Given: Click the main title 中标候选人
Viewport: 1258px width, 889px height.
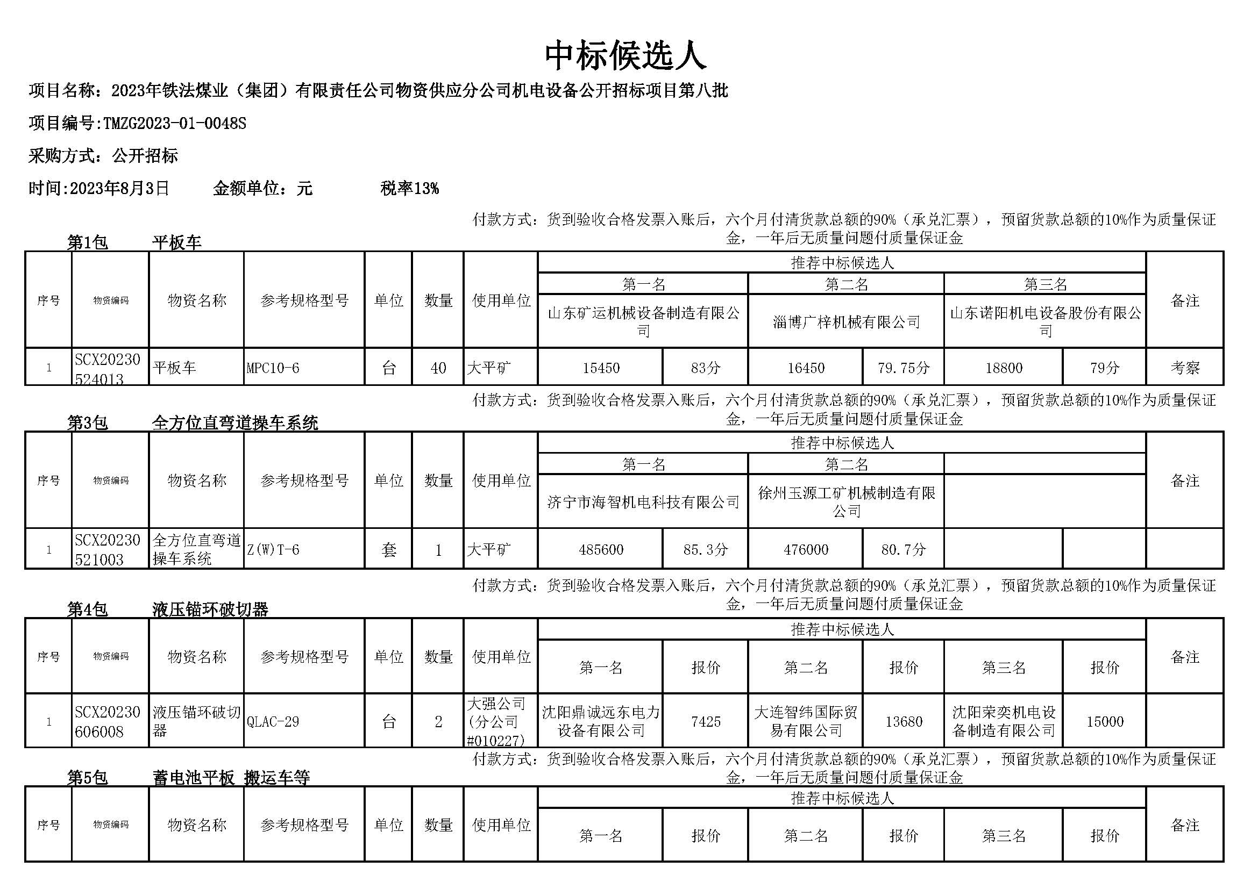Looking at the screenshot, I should tap(625, 55).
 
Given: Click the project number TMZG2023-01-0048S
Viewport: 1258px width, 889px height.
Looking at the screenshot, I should tap(174, 124).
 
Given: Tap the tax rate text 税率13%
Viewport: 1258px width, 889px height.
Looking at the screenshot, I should tap(409, 189).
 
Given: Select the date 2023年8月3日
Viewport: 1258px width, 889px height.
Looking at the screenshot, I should tap(119, 189).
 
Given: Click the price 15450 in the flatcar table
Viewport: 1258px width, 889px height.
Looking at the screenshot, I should tap(601, 368).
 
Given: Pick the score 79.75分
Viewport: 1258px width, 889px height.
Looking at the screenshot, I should tap(903, 368).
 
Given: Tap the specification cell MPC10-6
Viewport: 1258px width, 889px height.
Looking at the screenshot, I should tap(273, 368).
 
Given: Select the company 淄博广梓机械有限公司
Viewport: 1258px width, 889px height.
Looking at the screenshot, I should tap(846, 322).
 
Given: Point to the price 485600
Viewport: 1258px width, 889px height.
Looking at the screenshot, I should tap(601, 550).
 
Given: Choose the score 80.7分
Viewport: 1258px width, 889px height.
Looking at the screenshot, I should tap(903, 550).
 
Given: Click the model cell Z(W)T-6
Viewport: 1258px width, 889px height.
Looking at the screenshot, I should tap(273, 550).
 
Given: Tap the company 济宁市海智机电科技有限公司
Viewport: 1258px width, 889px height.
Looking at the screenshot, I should tap(643, 502).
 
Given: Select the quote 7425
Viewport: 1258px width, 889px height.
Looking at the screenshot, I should tap(706, 721).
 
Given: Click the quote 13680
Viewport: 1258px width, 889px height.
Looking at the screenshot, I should tap(904, 721).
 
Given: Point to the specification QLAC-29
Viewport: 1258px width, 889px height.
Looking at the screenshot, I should tap(273, 721).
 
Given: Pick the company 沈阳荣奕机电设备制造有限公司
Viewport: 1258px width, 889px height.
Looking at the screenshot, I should tap(1004, 721).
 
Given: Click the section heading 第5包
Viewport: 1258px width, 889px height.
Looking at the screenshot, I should tap(87, 778).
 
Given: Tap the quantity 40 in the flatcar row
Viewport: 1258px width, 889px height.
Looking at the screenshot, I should tap(438, 368).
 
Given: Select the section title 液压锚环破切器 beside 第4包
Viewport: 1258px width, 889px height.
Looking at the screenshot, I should tap(210, 610).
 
